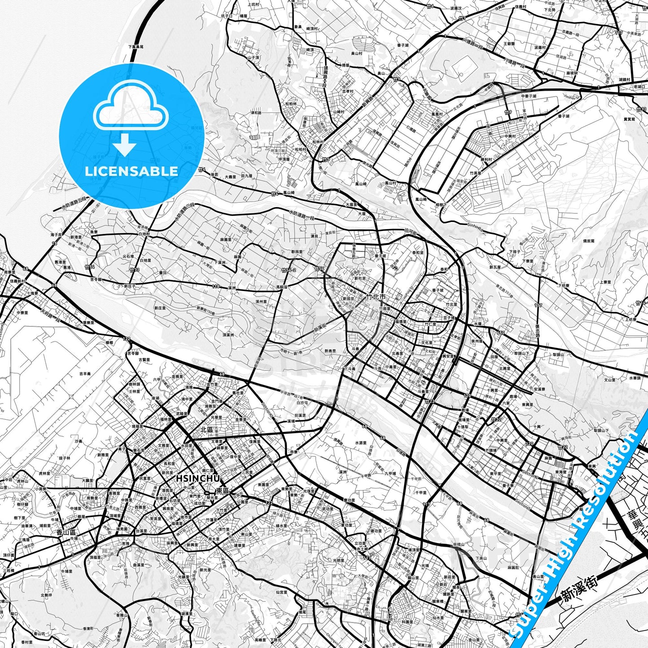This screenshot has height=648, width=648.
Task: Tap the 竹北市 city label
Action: pos(376,297)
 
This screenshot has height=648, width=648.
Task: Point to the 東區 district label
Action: pos(222,491)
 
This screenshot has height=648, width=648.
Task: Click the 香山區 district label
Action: pos(66,532)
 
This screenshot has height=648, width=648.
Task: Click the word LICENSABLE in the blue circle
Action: pos(131,171)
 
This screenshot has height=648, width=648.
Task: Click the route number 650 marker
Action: pos(500,333)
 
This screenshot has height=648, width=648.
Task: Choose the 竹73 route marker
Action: pos(134,270)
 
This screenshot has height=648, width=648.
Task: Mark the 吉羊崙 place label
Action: pos(85,373)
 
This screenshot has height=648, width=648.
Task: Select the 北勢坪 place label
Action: pos(46,595)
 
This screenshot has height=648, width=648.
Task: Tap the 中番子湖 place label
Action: pos(529,96)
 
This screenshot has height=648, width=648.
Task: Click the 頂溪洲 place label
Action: pos(229,335)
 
